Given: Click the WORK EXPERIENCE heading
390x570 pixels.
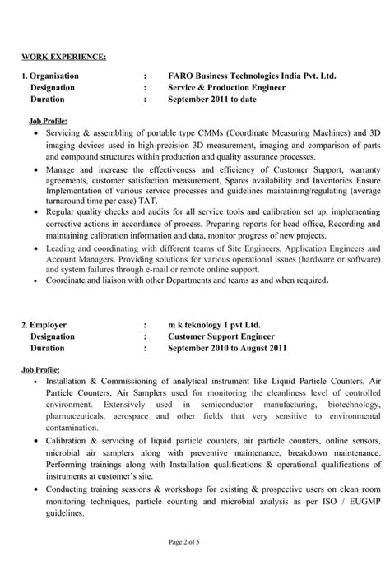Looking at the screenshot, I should point(63,57).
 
